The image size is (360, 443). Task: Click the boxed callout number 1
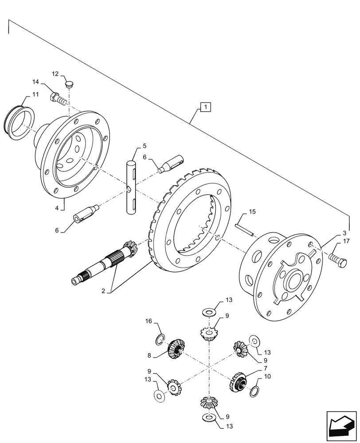tap(206, 107)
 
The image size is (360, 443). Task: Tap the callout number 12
tap(55, 74)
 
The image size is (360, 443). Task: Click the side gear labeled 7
tap(237, 381)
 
